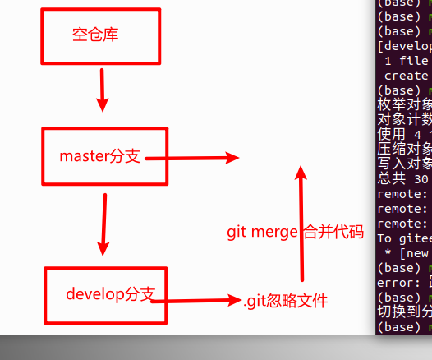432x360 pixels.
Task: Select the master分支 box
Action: pos(105,157)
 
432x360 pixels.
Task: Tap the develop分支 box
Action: pos(105,293)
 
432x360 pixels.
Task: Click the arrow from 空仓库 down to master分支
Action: pos(102,90)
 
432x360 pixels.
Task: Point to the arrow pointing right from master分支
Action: pos(193,158)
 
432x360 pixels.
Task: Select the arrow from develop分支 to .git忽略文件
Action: pos(197,301)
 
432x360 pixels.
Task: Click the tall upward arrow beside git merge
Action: pos(301,222)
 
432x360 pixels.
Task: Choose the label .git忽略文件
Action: pos(285,302)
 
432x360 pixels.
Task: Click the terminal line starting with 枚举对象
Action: pos(403,105)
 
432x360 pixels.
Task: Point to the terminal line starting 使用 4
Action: pos(403,135)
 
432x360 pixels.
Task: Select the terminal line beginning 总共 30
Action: pos(403,179)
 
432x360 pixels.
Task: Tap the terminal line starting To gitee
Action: pos(403,238)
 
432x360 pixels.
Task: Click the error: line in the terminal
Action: pos(403,283)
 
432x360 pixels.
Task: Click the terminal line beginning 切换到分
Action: pos(403,312)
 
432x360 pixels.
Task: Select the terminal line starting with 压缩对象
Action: pos(403,150)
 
